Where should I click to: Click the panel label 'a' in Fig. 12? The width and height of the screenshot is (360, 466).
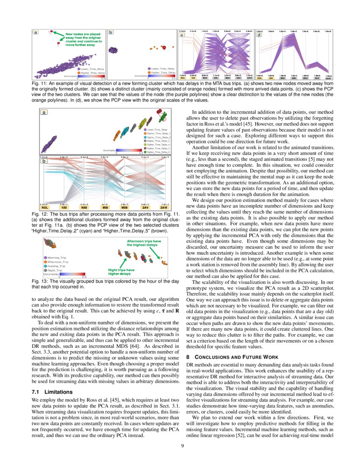44,112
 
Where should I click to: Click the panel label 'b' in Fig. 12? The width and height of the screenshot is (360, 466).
44,161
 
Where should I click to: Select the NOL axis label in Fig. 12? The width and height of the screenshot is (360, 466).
45,208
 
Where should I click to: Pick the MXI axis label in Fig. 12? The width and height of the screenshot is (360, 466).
105,208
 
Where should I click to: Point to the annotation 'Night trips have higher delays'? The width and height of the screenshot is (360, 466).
122,272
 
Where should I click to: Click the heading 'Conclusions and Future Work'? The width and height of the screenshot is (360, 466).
233,357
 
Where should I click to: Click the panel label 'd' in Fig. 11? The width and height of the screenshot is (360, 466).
259,35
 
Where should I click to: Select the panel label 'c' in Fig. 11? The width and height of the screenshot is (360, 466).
182,35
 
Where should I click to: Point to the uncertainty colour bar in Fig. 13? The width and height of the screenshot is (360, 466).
72,274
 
